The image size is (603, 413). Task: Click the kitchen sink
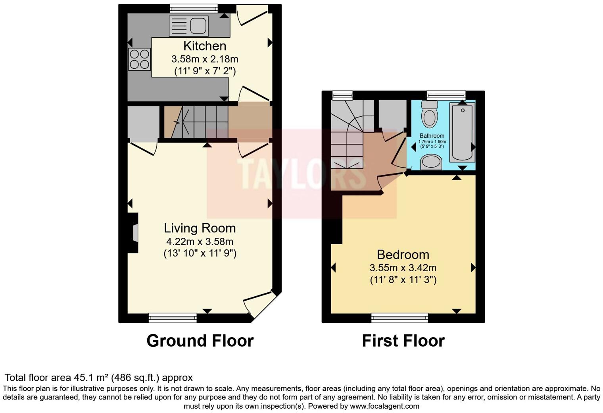pyautogui.click(x=188, y=26)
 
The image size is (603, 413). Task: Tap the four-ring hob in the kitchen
pyautogui.click(x=139, y=59)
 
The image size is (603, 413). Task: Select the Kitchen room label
pyautogui.click(x=205, y=46)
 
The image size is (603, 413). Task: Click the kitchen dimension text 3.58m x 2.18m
pyautogui.click(x=205, y=59)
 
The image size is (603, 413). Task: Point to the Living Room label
pyautogui.click(x=200, y=228)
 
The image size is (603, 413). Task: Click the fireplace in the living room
pyautogui.click(x=134, y=233)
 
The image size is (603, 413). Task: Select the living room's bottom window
pyautogui.click(x=173, y=317)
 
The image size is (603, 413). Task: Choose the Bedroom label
pyautogui.click(x=403, y=254)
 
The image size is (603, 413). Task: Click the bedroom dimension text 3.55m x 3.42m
pyautogui.click(x=403, y=268)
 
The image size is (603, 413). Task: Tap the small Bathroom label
pyautogui.click(x=432, y=136)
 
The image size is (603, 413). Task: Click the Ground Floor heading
pyautogui.click(x=200, y=341)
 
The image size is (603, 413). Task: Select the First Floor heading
pyautogui.click(x=403, y=341)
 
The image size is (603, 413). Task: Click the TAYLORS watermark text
pyautogui.click(x=301, y=174)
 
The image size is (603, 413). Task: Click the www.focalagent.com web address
pyautogui.click(x=384, y=406)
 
